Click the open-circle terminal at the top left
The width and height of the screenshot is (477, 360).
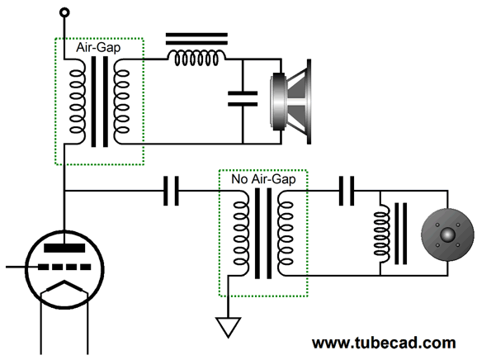[64, 12]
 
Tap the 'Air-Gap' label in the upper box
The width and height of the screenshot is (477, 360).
[98, 48]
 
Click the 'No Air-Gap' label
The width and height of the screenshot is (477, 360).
[263, 179]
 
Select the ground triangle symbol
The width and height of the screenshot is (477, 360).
[228, 327]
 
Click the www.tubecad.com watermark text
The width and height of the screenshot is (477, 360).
[384, 343]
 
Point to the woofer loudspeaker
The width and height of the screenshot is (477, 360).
[290, 102]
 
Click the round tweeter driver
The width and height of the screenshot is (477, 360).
[447, 234]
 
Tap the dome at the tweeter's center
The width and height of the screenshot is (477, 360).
[447, 234]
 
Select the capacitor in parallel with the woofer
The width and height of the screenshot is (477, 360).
[243, 98]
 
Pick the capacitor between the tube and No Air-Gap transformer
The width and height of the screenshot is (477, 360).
[171, 191]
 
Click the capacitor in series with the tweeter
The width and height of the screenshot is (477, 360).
[347, 191]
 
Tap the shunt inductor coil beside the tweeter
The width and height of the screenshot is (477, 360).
[382, 234]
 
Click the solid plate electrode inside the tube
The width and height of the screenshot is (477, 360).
[64, 248]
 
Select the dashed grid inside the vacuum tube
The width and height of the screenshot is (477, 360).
[64, 268]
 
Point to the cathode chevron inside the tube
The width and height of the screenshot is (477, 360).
[64, 287]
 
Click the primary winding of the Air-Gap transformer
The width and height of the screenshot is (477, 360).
[77, 102]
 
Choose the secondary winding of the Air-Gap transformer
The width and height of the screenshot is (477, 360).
[121, 102]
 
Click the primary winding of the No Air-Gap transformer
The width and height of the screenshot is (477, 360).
[241, 234]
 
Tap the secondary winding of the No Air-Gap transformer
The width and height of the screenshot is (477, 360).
[286, 234]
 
